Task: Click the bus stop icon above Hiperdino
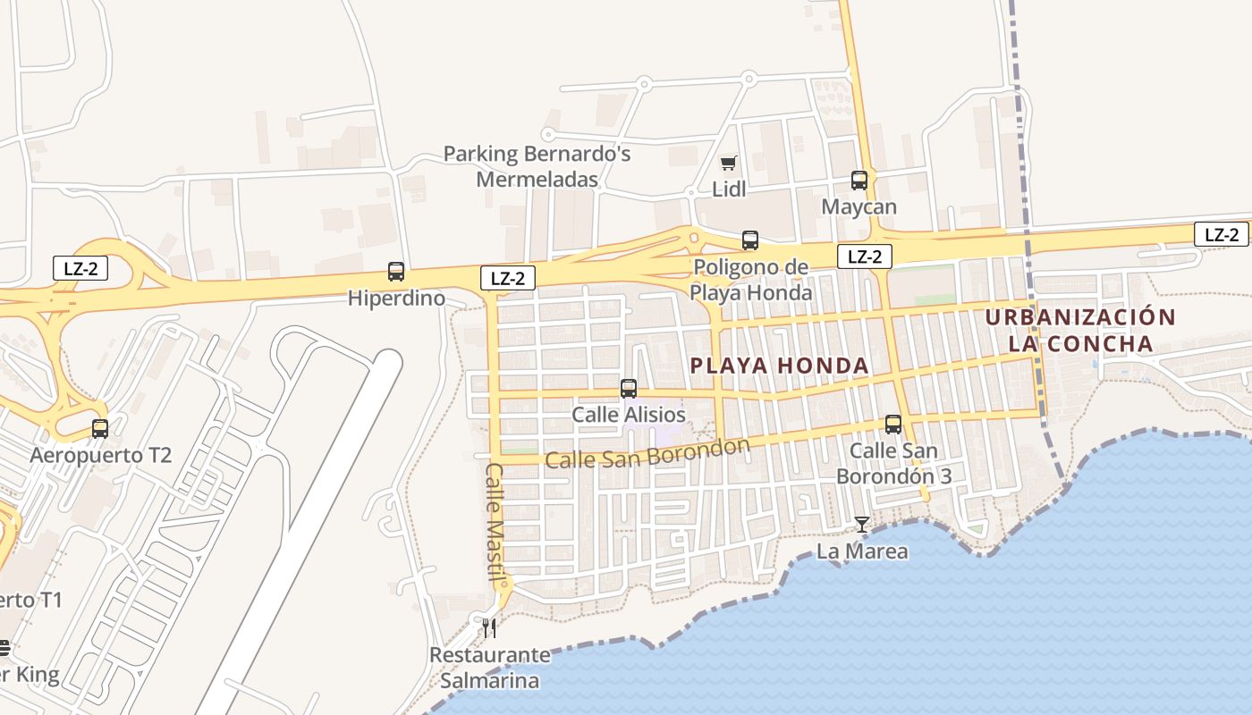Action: click(x=395, y=272)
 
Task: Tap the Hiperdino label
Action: click(x=397, y=299)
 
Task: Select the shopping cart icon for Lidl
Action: click(x=729, y=163)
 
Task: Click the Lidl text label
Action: click(x=729, y=189)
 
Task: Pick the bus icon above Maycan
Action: click(x=859, y=181)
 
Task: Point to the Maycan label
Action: click(x=859, y=207)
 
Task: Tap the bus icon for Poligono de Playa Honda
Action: click(x=750, y=240)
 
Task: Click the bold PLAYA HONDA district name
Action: click(x=780, y=366)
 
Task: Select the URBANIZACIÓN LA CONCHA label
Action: click(x=1080, y=331)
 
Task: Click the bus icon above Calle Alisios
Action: click(x=629, y=389)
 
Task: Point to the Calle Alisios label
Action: click(x=629, y=415)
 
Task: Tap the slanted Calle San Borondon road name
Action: click(x=647, y=454)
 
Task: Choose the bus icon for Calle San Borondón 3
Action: click(x=893, y=425)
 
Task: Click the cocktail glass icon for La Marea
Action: click(x=861, y=525)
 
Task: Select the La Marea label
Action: click(x=862, y=551)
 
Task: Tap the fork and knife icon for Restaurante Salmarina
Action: click(x=488, y=628)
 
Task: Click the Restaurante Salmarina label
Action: click(x=489, y=668)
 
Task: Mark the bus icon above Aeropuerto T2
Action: click(x=100, y=429)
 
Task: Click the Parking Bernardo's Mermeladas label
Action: click(x=537, y=166)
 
